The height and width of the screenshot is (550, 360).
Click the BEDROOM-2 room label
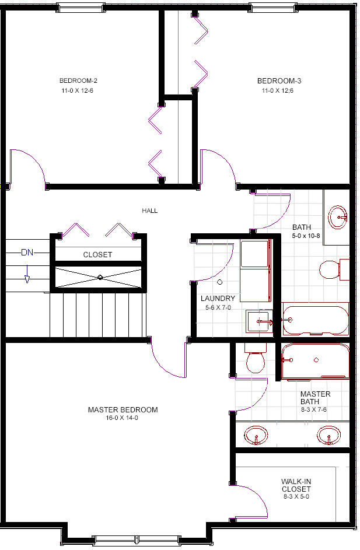point(78,80)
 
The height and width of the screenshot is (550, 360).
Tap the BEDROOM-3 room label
point(279,80)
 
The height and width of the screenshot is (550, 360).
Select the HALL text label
point(150,211)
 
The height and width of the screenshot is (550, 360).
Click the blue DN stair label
point(27,252)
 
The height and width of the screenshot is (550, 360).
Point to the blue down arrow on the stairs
point(27,274)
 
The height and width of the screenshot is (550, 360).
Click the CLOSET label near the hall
point(97,255)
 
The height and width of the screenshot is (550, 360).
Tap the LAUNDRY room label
point(218,298)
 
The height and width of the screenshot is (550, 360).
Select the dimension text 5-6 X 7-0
point(218,307)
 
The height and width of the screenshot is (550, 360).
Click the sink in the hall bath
point(338,218)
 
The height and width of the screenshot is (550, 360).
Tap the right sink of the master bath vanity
point(328,436)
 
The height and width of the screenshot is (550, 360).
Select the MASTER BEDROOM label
point(123,409)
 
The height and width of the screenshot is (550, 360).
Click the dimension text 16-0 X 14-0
point(122,418)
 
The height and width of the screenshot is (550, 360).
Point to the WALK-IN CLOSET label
point(296,485)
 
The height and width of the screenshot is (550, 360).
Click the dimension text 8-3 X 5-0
point(296,496)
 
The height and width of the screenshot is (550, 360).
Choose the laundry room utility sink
point(259,321)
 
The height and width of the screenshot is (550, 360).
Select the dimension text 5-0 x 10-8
point(306,236)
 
